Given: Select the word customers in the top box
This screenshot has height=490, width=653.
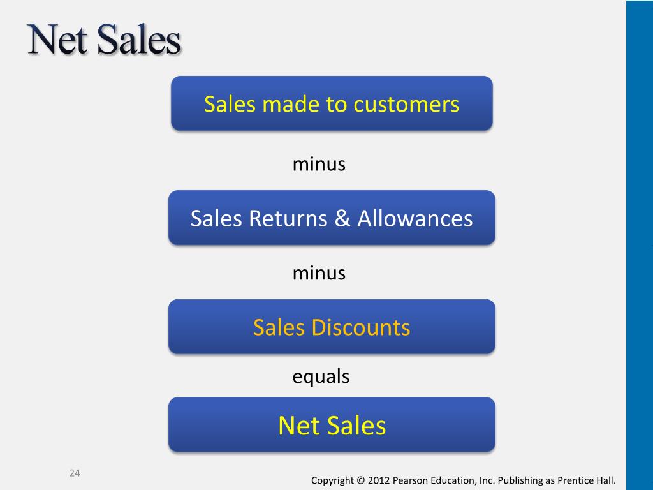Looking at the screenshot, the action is (406, 105).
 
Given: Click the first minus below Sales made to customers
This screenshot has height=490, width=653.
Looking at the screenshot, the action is (319, 164).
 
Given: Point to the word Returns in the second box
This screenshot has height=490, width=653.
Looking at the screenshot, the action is (288, 218).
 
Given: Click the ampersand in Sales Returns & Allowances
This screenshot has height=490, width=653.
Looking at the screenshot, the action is (342, 218).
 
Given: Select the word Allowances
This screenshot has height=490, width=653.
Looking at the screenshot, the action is (415, 218).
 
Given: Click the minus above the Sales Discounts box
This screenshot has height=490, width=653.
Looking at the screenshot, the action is (319, 273).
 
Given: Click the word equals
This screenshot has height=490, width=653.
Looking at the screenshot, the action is (321, 376).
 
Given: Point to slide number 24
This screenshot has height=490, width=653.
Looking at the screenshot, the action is (75, 473).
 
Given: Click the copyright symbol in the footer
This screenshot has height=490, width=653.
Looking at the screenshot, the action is (360, 480).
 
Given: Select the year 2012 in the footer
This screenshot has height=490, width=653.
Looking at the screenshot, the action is (379, 480).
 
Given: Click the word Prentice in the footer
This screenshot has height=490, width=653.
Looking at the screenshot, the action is (576, 480).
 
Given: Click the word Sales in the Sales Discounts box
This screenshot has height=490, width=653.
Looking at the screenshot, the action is (279, 327).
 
